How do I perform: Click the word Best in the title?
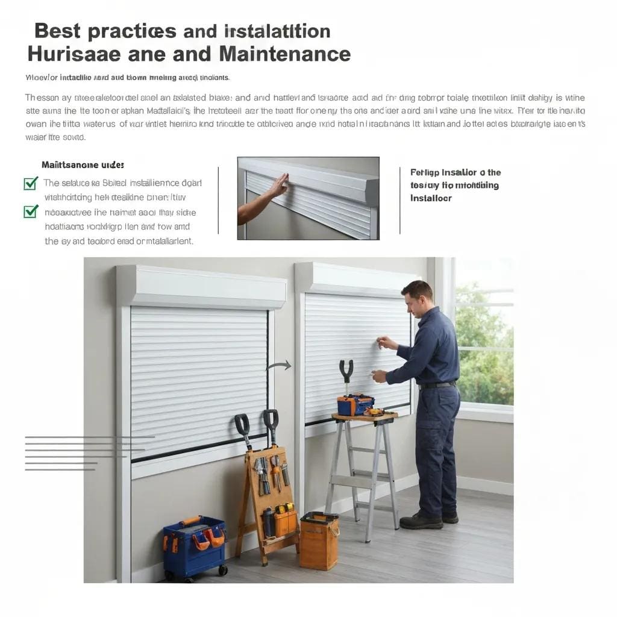click(58, 31)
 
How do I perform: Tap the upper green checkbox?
click(31, 183)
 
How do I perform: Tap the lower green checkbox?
click(31, 211)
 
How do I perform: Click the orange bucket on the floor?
click(319, 540)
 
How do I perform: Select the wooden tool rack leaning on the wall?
click(268, 488)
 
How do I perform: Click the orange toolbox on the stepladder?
click(355, 405)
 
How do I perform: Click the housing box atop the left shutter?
click(202, 287)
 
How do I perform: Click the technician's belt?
click(438, 385)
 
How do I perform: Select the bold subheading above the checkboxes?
click(83, 164)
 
